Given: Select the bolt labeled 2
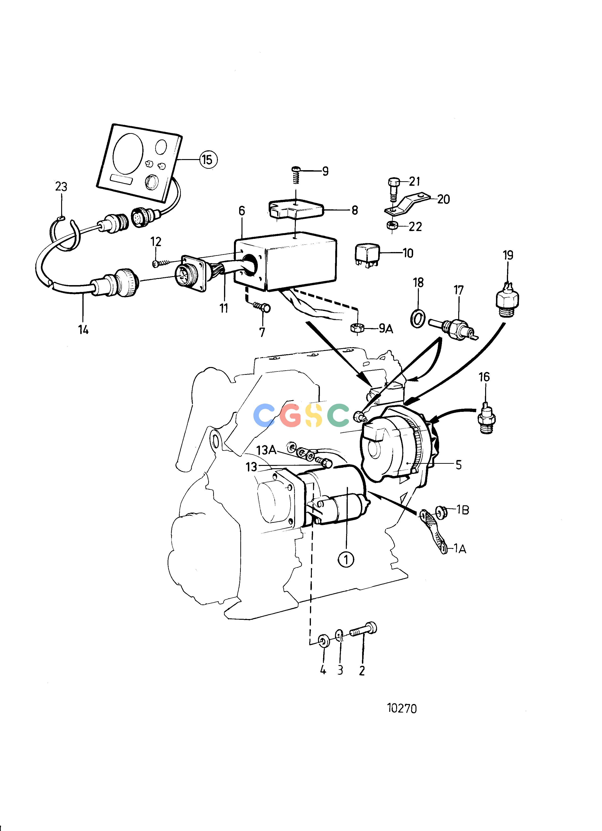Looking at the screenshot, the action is [364, 631].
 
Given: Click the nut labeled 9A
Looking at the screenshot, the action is [357, 328].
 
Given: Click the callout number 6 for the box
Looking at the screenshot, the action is [242, 211].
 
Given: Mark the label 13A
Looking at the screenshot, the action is [266, 450].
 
